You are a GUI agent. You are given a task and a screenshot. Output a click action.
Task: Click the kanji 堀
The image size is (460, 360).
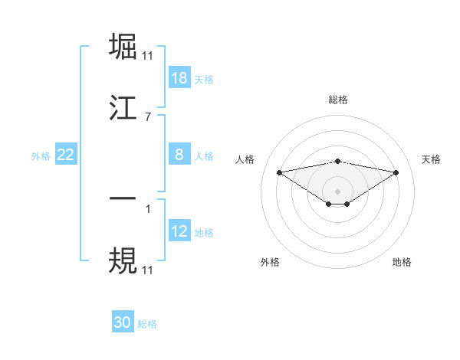pos(123,47)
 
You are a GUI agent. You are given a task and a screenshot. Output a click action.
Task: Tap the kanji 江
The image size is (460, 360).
pos(123,109)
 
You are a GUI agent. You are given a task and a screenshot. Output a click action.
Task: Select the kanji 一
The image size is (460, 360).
pos(123,199)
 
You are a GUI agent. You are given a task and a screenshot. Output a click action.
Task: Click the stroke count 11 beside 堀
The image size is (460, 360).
pos(148,56)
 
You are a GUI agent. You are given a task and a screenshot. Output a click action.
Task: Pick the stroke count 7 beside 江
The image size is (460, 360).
pos(148,117)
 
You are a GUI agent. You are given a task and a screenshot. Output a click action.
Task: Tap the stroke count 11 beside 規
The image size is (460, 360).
pos(148,270)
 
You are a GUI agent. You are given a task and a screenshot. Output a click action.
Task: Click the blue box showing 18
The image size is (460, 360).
pos(179,78)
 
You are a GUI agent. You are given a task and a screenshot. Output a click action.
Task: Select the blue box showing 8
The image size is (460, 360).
pos(179,155)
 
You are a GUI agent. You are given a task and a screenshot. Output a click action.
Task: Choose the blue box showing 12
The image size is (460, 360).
pos(179,231)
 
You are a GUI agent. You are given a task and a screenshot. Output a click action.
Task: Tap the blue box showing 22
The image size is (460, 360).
pos(66,155)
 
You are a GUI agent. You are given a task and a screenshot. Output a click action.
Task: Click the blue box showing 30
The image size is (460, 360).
pos(123,322)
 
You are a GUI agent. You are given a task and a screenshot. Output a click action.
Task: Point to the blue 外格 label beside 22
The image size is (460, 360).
pos(41,155)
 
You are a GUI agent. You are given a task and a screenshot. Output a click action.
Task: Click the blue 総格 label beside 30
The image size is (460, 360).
pos(147,324)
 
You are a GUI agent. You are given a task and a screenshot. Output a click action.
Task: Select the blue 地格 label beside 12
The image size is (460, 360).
pos(204,232)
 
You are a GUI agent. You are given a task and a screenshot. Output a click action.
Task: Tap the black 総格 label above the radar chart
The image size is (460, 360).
pos(338,100)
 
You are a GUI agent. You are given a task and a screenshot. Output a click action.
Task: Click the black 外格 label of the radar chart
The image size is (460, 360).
pos(270,262)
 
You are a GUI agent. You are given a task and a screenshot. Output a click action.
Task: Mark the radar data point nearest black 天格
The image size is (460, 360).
pos(396,172)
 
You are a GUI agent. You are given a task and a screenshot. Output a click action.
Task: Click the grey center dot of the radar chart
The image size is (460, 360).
pos(338,191)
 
